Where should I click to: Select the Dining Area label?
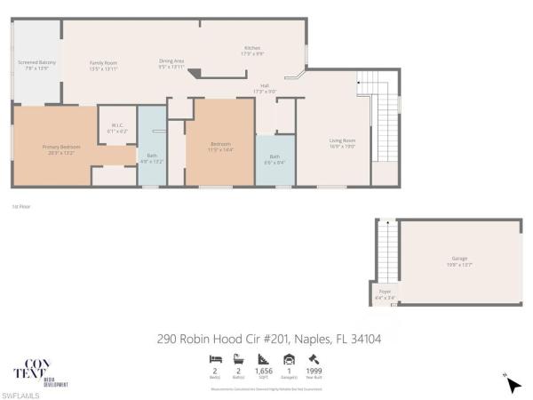[171, 60]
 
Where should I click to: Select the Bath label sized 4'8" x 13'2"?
[152, 156]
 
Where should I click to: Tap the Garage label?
[458, 260]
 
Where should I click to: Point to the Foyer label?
[385, 292]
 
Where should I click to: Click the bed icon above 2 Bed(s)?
[215, 359]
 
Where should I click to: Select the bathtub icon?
[239, 359]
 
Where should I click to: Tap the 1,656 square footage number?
[264, 371]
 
